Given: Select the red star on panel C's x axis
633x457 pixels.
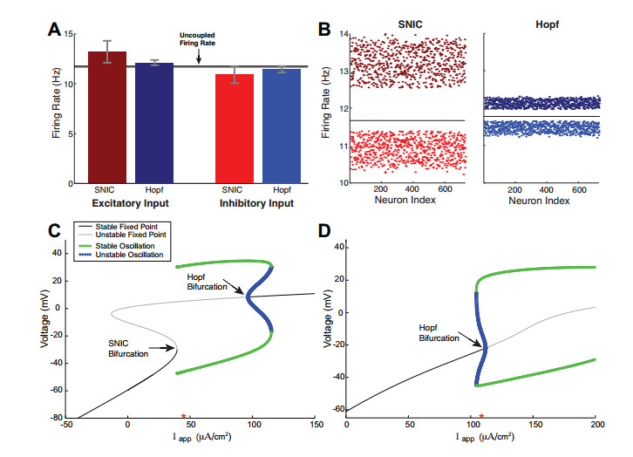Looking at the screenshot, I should click(183, 416).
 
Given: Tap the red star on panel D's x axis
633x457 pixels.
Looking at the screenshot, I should click(481, 416).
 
